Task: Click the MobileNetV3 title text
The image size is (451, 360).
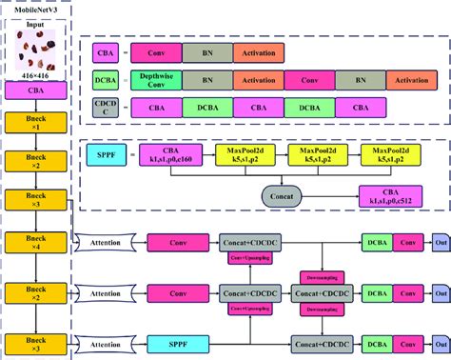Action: pyautogui.click(x=34, y=9)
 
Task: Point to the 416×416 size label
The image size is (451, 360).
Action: pyautogui.click(x=34, y=76)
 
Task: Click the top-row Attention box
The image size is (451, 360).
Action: pyautogui.click(x=105, y=243)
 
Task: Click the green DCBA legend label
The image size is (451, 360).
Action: pyautogui.click(x=105, y=83)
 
